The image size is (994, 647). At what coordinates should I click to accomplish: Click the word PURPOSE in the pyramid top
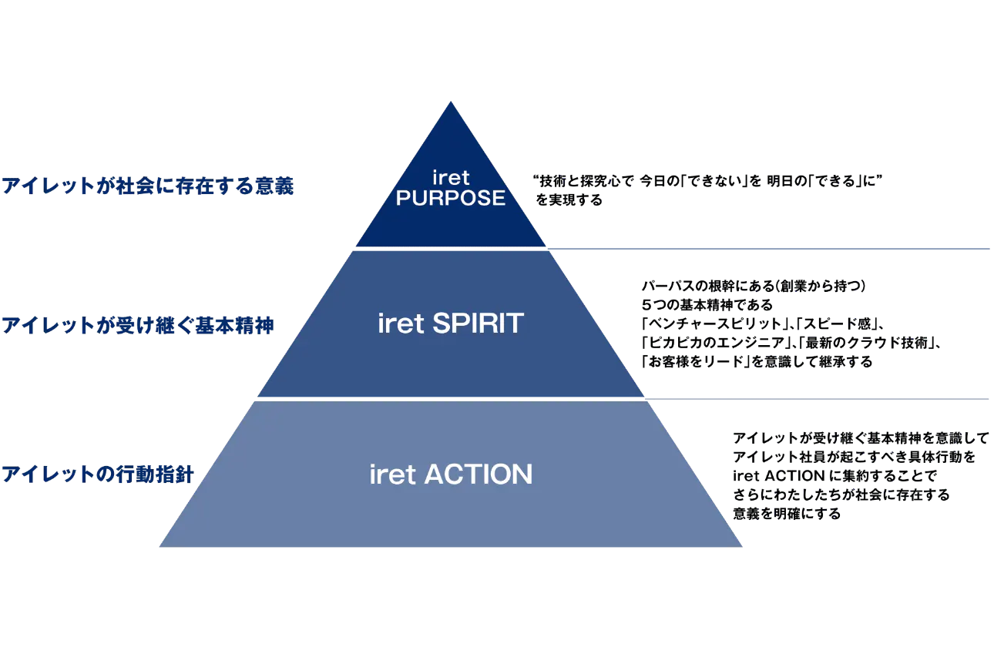[x=451, y=198]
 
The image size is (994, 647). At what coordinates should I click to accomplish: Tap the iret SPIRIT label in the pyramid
[x=451, y=323]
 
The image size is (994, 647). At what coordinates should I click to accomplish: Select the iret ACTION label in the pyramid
[x=451, y=474]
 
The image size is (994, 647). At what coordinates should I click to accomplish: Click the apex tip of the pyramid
[x=451, y=102]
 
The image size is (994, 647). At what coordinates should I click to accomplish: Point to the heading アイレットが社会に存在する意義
[x=148, y=186]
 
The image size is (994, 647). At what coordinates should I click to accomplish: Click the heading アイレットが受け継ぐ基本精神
[x=138, y=325]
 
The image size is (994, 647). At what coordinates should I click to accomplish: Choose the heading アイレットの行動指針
[x=98, y=474]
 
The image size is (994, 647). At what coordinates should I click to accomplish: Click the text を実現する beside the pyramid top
[x=569, y=200]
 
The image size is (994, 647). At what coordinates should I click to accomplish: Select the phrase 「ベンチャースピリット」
[x=711, y=323]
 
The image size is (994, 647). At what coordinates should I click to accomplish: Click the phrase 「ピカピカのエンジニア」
[x=715, y=343]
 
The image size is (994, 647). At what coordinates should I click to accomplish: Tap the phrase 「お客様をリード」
[x=696, y=362]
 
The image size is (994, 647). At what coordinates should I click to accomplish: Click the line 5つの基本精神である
[x=707, y=305]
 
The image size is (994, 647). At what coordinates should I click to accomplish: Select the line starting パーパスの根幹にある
[x=754, y=286]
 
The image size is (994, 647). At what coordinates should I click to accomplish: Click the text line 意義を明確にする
[x=787, y=514]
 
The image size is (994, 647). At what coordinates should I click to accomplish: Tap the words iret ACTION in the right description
[x=779, y=476]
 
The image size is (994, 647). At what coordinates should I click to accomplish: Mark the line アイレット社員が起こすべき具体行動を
[x=854, y=457]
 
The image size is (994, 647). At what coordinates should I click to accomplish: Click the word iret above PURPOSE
[x=451, y=178]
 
